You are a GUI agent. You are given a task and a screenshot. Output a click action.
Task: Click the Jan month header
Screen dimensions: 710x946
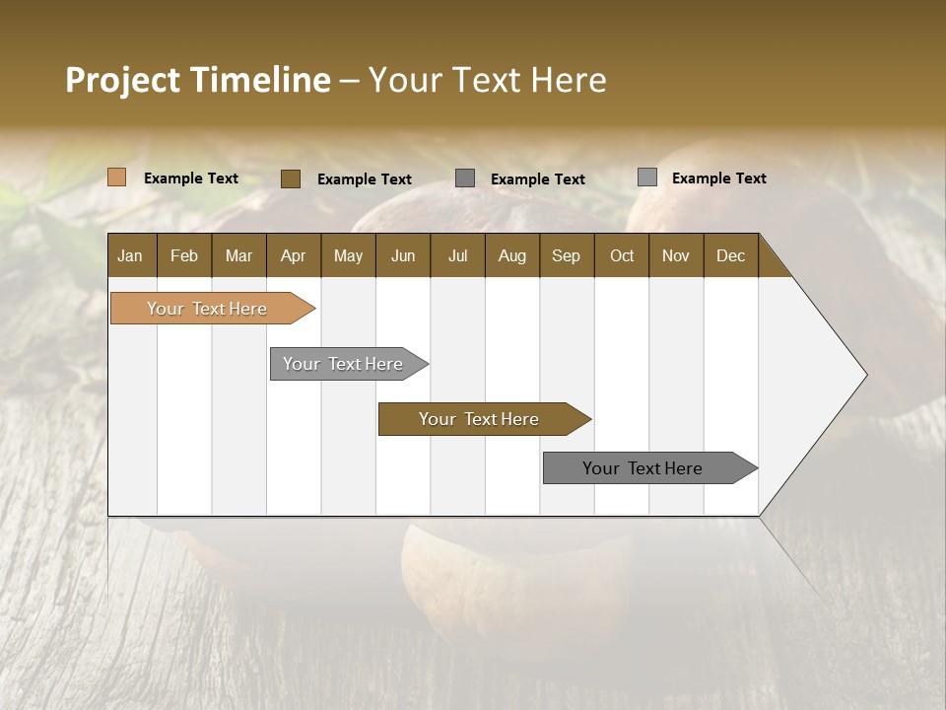pos(130,255)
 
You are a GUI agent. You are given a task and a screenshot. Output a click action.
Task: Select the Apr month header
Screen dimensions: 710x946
pos(293,255)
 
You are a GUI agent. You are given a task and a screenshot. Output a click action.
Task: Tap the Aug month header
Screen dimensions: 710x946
pos(511,255)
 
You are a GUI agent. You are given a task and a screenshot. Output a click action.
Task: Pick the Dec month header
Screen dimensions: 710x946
pos(730,255)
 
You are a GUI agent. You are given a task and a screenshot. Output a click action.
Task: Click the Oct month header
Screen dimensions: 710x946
pos(621,255)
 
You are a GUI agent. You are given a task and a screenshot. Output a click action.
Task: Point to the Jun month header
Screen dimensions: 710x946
pos(402,255)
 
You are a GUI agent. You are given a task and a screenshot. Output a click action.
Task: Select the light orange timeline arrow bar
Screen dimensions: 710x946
pos(208,309)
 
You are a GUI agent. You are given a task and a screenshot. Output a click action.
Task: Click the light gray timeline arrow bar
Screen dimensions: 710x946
pos(344,364)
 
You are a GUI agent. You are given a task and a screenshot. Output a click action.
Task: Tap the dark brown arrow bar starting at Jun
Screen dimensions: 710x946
pos(480,419)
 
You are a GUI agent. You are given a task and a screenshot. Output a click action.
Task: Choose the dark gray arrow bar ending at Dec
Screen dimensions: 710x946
pos(643,468)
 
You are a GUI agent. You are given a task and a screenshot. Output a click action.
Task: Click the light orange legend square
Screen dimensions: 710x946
pos(116,177)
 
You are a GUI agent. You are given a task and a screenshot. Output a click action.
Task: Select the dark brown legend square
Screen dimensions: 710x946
pos(290,178)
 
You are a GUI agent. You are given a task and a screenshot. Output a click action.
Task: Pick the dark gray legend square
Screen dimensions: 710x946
pos(465,177)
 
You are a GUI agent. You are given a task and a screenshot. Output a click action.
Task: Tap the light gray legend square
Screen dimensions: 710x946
pos(646,177)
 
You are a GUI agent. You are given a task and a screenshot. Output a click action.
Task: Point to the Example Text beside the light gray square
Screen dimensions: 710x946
pos(718,178)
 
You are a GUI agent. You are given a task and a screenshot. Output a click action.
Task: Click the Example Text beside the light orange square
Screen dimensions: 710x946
pos(191,178)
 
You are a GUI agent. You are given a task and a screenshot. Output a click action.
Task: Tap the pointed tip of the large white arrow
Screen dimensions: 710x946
pos(864,375)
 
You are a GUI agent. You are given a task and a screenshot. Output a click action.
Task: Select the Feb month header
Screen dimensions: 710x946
pos(184,255)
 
